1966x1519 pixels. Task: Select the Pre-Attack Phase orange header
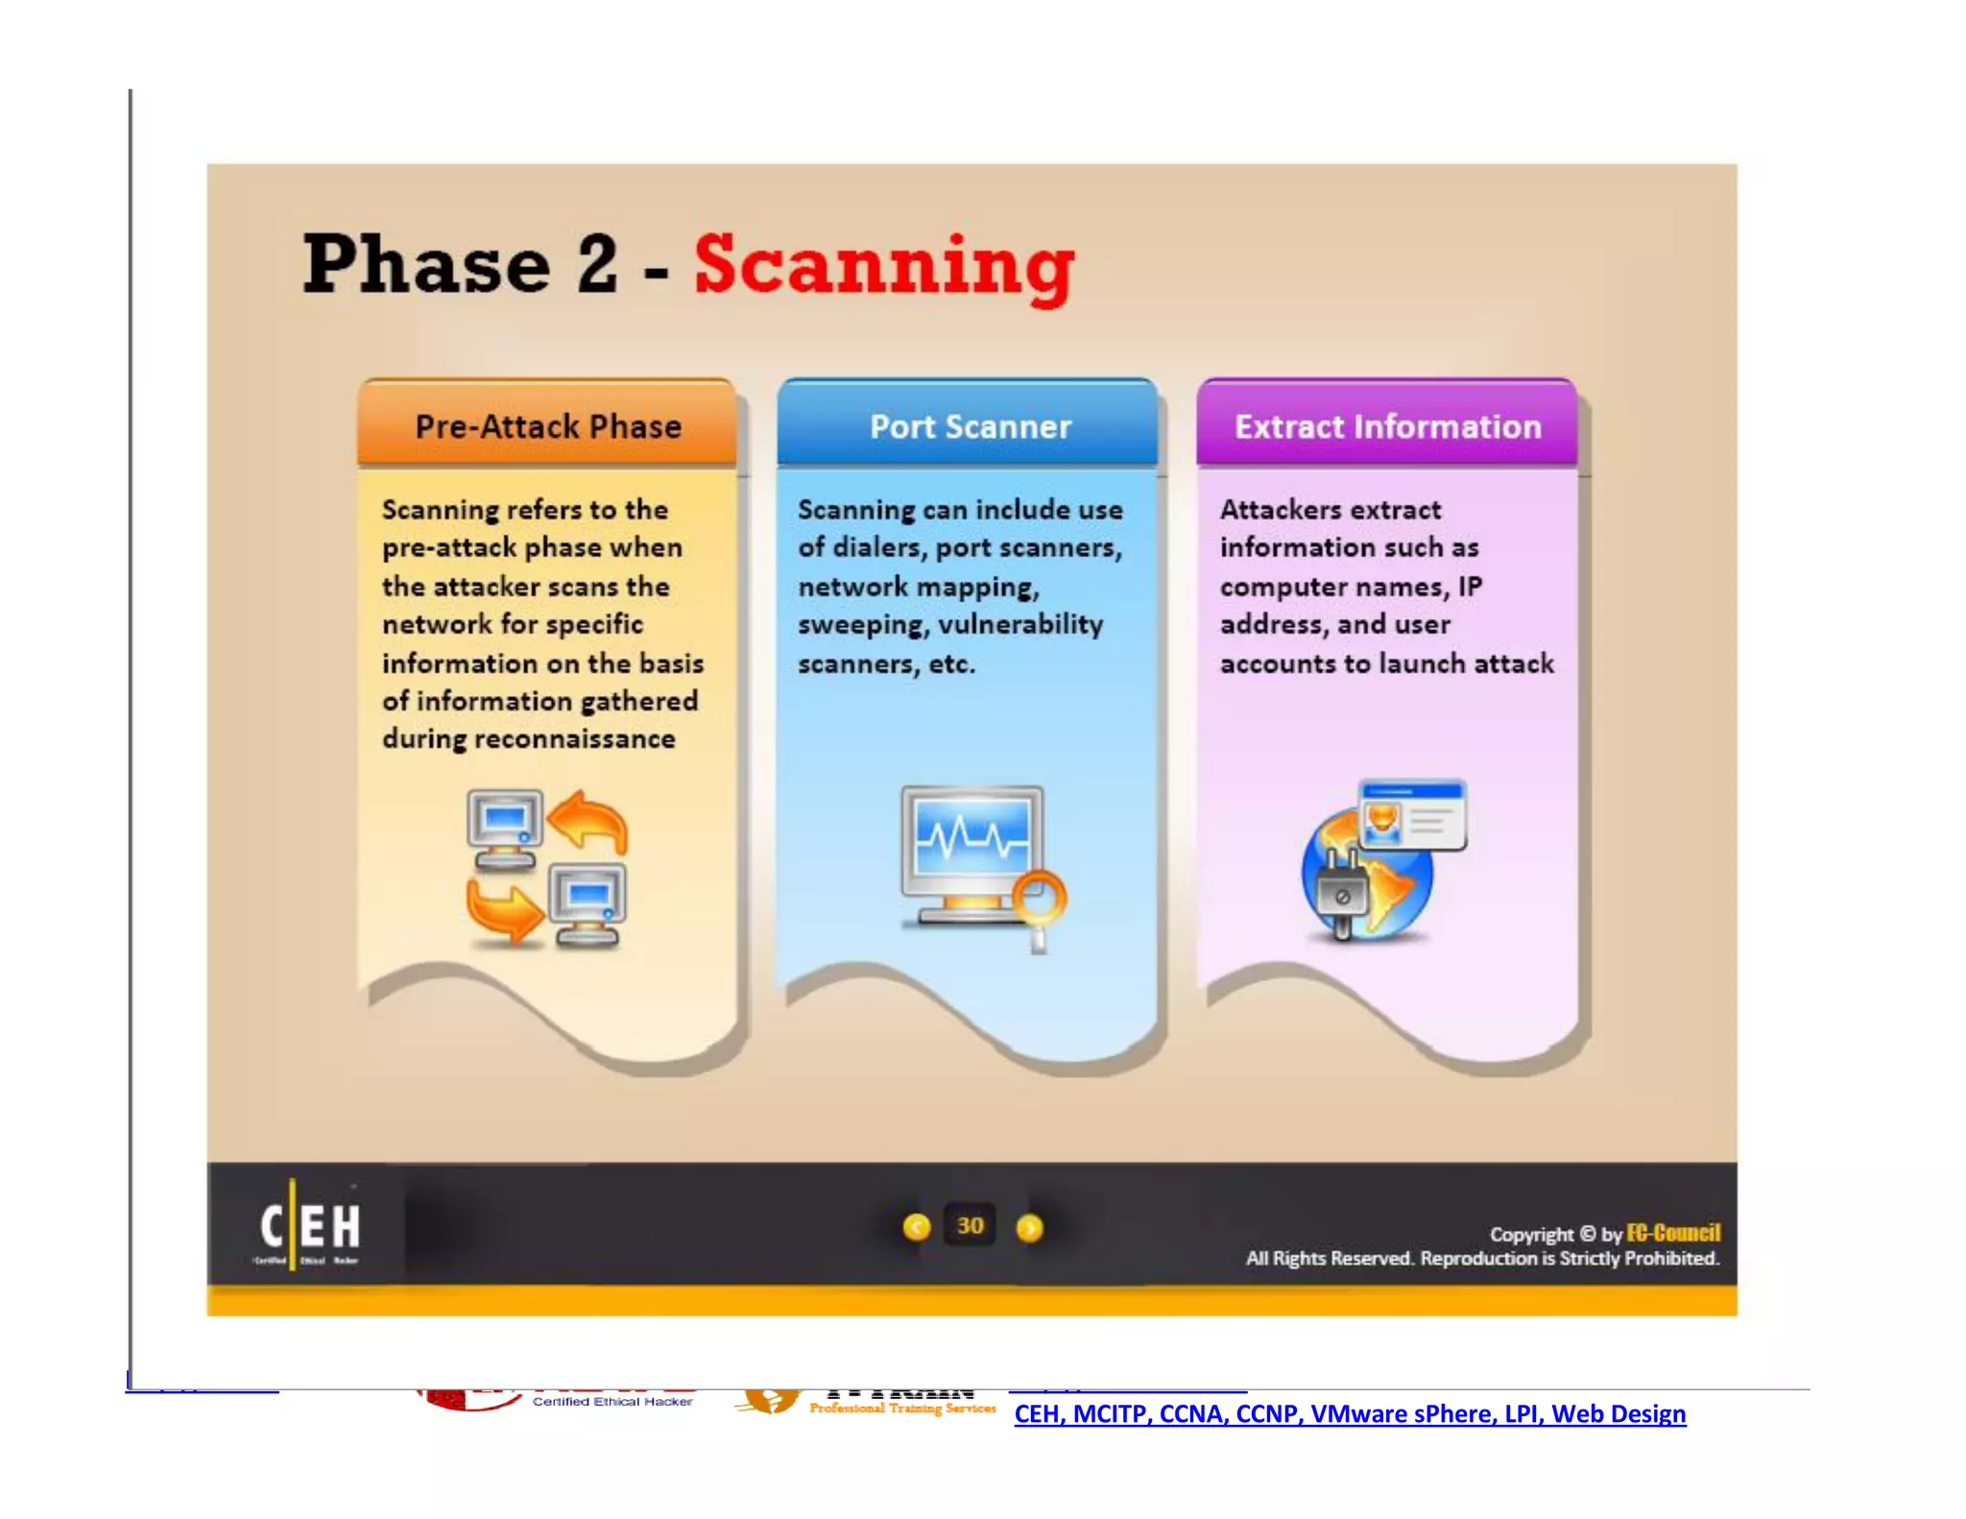pyautogui.click(x=547, y=426)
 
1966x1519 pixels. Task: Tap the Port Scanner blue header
pyautogui.click(x=970, y=426)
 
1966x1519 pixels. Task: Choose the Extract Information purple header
pyautogui.click(x=1387, y=426)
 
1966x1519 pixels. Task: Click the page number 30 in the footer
pyautogui.click(x=971, y=1226)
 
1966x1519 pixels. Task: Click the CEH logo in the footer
pyautogui.click(x=309, y=1228)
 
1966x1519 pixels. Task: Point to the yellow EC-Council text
pyautogui.click(x=1673, y=1233)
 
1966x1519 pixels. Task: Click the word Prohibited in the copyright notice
pyautogui.click(x=1669, y=1258)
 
